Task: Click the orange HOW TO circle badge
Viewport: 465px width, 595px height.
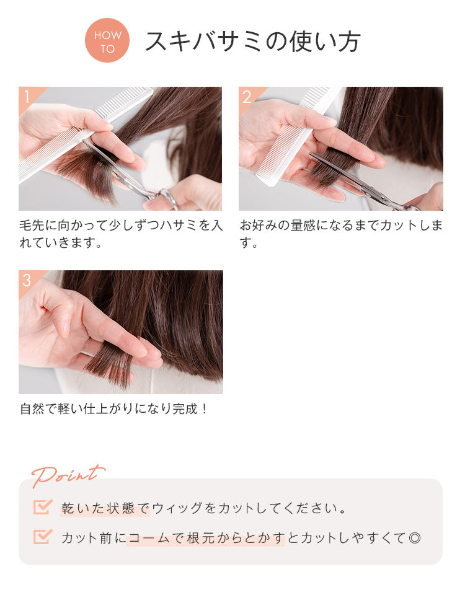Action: pyautogui.click(x=107, y=40)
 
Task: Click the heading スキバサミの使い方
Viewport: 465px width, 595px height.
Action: pyautogui.click(x=252, y=42)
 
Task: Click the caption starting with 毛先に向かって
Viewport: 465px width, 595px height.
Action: pyautogui.click(x=121, y=234)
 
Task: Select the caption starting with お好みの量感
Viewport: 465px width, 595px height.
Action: pyautogui.click(x=341, y=234)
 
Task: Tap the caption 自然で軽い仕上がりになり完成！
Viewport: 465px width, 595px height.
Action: pyautogui.click(x=113, y=409)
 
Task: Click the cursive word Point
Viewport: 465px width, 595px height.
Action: pyautogui.click(x=68, y=475)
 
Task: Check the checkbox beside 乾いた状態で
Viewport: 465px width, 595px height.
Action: pyautogui.click(x=42, y=506)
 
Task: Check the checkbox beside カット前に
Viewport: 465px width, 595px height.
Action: pyautogui.click(x=42, y=537)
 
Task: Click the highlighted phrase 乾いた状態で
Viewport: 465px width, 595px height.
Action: pyautogui.click(x=105, y=508)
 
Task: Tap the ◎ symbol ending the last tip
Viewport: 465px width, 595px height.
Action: pyautogui.click(x=415, y=538)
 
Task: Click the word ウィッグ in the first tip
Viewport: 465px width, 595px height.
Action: pyautogui.click(x=177, y=508)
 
